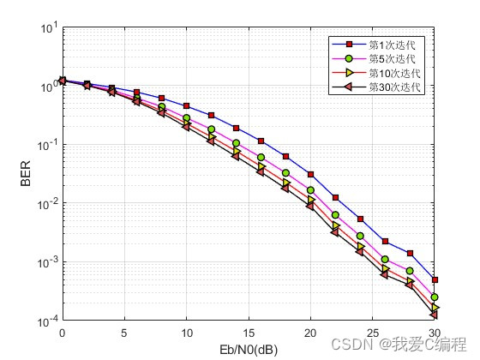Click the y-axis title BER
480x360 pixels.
tap(26, 175)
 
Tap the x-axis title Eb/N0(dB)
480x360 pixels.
tap(249, 350)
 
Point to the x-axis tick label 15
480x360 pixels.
tap(249, 333)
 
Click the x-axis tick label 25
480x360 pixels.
tap(373, 333)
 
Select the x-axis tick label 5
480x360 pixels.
tap(124, 333)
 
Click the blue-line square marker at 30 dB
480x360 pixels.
tap(435, 280)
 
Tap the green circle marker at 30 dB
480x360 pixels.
tap(435, 297)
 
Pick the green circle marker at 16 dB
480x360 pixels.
tap(261, 157)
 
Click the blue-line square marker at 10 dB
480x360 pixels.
tap(186, 106)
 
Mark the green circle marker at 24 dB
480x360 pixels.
tap(360, 236)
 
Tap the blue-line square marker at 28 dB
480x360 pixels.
tap(410, 253)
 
